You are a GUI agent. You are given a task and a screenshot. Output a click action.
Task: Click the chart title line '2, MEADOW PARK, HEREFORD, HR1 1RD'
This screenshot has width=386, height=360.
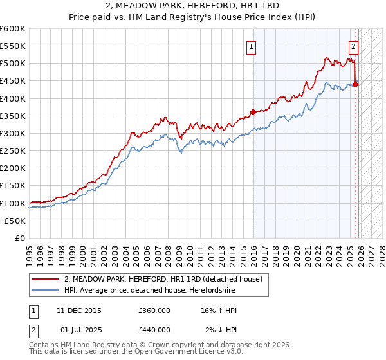point(193,6)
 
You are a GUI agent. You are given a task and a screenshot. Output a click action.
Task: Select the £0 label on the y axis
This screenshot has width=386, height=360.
point(21,239)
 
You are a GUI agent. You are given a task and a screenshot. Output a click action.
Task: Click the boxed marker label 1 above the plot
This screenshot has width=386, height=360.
point(251,46)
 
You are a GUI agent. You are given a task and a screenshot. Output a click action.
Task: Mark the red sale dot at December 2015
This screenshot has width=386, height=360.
point(253,112)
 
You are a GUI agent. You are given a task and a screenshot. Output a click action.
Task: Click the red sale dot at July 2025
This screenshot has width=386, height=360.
point(356,84)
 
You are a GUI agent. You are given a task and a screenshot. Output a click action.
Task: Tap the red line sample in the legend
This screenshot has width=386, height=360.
point(45,280)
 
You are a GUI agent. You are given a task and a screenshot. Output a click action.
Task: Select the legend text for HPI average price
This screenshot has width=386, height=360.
point(150,291)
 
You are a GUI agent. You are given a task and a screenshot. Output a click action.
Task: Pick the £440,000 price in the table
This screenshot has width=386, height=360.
point(154,329)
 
